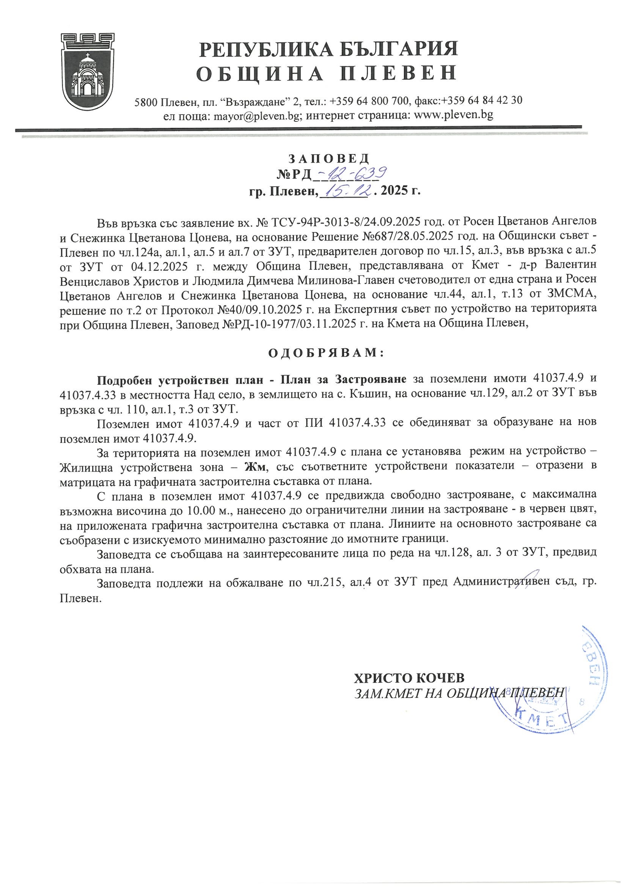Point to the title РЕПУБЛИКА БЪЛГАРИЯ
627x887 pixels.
pos(328,49)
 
